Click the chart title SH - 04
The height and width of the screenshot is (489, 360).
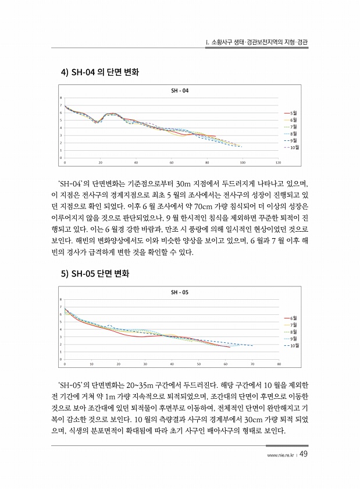coord(180,91)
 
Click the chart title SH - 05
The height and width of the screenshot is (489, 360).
coord(180,292)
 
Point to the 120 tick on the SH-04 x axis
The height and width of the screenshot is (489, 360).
coord(279,163)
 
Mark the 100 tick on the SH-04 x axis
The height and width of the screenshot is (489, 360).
coord(243,163)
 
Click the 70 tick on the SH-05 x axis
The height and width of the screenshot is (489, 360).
coord(252,364)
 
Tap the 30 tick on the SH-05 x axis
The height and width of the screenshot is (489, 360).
coord(145,364)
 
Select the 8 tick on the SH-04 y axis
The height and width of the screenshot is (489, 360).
coord(60,98)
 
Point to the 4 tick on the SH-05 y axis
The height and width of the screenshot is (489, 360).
coord(60,329)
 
